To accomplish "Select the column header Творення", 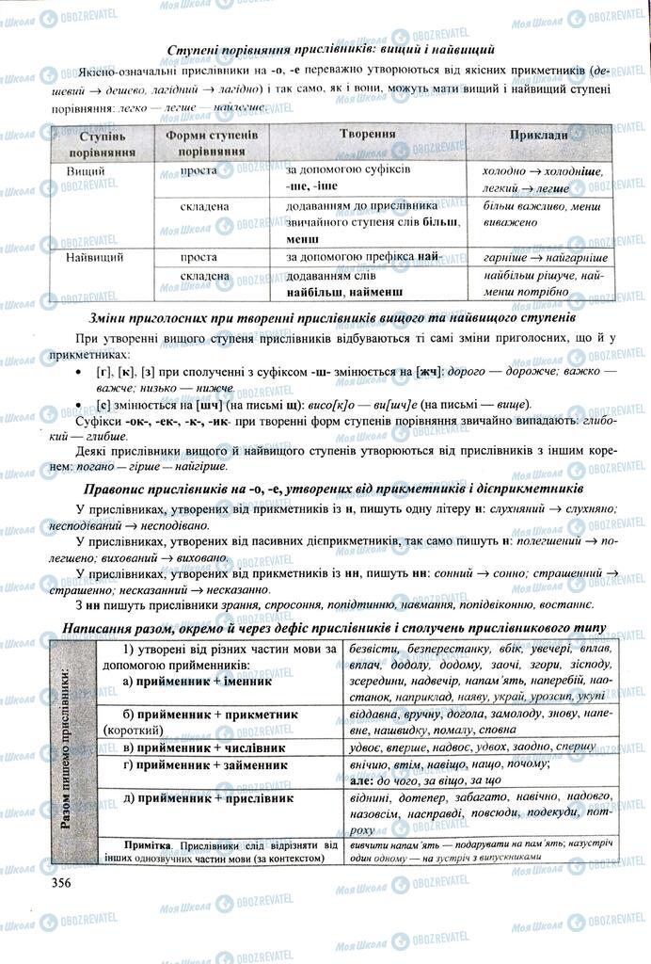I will coord(368,135).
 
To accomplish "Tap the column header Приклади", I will coord(539,136).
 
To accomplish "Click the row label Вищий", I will coord(86,170).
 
